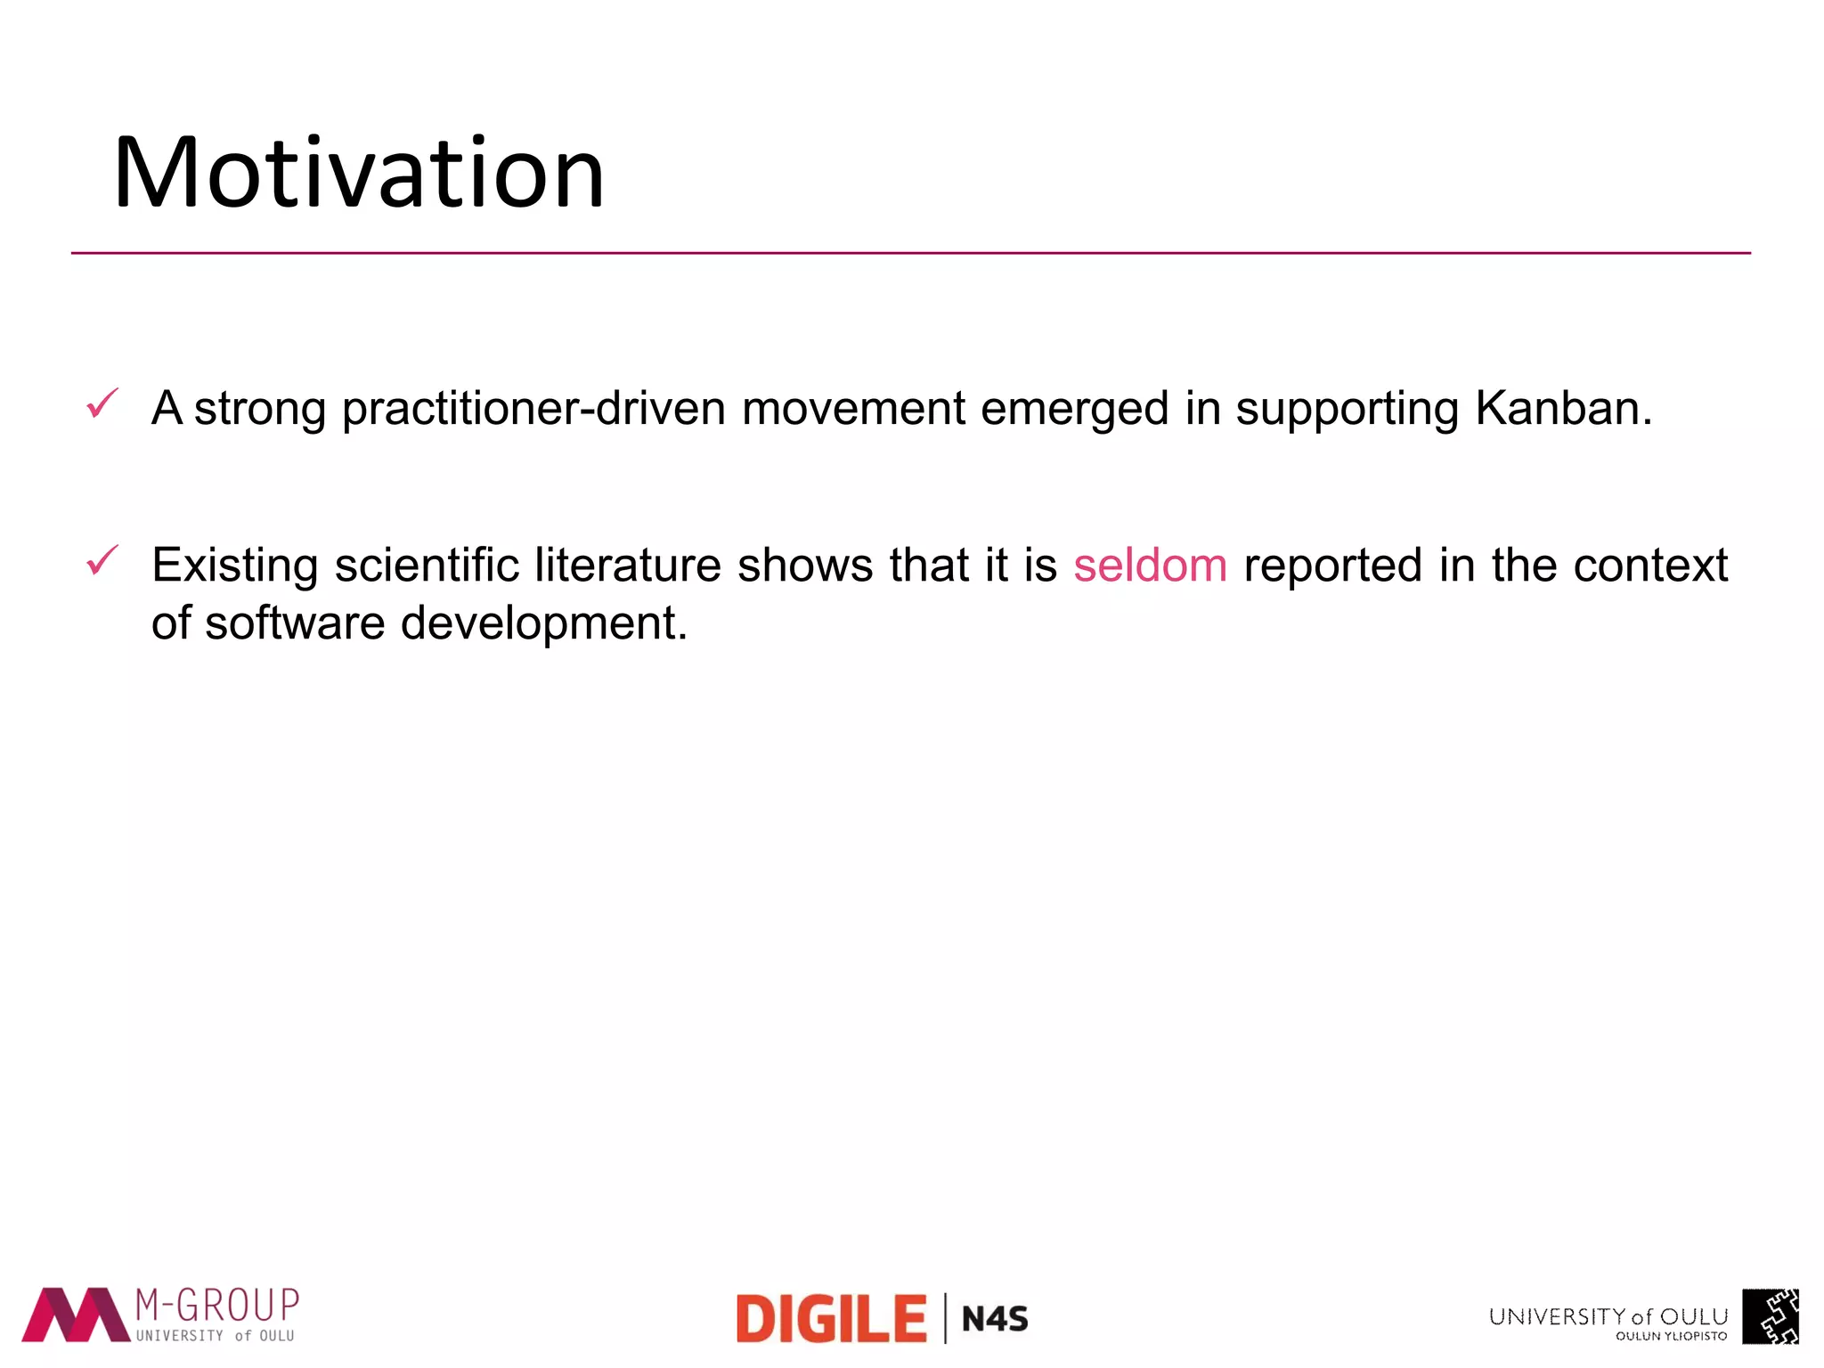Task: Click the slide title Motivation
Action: (x=358, y=173)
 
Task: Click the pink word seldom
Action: (x=1150, y=566)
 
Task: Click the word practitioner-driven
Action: (x=533, y=409)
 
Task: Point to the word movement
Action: (x=852, y=409)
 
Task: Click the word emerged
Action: (x=1073, y=409)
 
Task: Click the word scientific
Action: (x=427, y=566)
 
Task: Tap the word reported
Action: (x=1332, y=566)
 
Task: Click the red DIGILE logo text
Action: (x=831, y=1319)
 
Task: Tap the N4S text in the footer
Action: (x=995, y=1319)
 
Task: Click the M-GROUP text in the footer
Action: (x=216, y=1306)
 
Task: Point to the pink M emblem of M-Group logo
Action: (x=76, y=1315)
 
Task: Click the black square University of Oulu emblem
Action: (x=1770, y=1316)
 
